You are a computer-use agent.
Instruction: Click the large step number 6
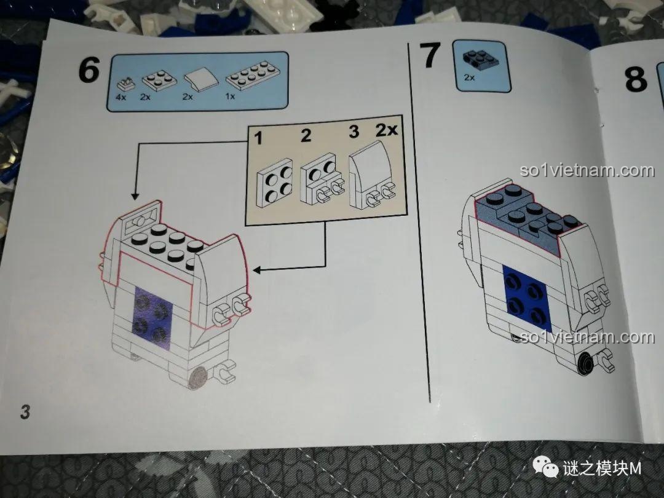click(89, 70)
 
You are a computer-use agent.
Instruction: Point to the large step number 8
click(636, 79)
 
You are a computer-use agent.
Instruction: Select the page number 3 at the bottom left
click(25, 411)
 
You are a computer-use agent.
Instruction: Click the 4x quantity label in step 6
click(121, 97)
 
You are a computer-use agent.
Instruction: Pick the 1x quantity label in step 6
click(231, 97)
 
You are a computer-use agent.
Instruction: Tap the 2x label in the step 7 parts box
click(469, 77)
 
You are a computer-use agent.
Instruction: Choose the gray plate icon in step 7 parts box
click(480, 58)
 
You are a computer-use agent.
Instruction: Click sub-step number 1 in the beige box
click(258, 138)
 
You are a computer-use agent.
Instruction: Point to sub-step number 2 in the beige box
click(306, 135)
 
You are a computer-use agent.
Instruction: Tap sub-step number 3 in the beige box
click(354, 132)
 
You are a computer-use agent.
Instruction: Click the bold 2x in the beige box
click(387, 130)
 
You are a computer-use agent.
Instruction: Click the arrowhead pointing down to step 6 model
click(135, 196)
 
